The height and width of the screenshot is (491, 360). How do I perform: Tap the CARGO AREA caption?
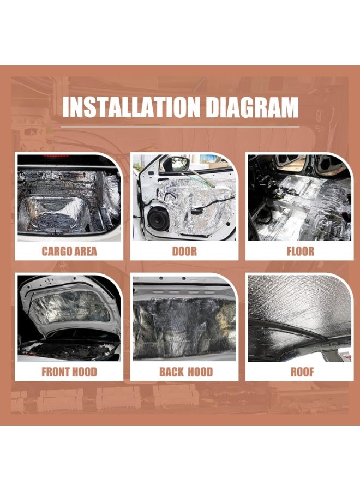[69, 252]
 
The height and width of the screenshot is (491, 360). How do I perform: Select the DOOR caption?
[184, 252]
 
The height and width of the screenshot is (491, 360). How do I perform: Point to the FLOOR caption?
[301, 252]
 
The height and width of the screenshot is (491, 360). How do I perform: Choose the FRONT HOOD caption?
[69, 373]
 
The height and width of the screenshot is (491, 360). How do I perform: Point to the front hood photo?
[69, 319]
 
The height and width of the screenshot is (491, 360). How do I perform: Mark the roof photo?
[299, 319]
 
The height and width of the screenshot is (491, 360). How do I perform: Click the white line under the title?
[180, 127]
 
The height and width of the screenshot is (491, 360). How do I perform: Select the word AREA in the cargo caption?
[85, 252]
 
